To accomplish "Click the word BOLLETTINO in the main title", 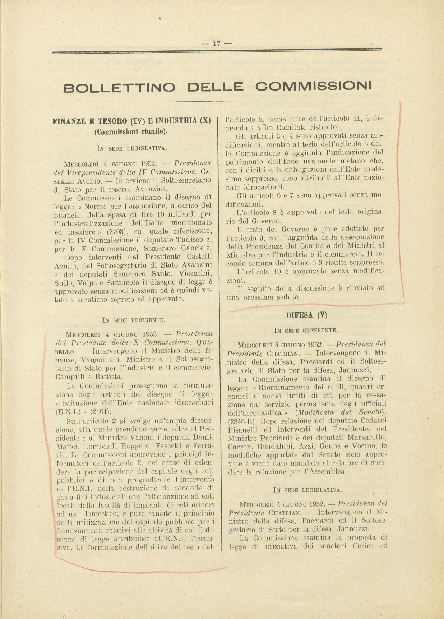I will pos(120,87).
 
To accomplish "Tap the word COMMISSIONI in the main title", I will pos(313,86).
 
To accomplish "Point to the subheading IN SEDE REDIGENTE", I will pos(134,319).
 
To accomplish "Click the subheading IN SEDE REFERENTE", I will pos(306,330).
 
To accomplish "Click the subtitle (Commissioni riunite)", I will pos(131,131).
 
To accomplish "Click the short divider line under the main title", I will pos(217,101).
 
